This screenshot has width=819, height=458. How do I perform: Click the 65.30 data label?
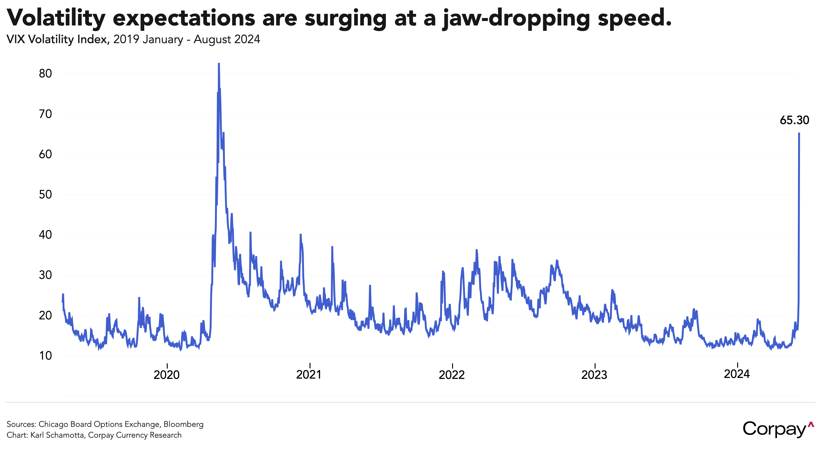[794, 120]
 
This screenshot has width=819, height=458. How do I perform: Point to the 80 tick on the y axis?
[45, 73]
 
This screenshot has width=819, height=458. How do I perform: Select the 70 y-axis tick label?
[45, 114]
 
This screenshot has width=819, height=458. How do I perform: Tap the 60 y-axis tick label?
[45, 154]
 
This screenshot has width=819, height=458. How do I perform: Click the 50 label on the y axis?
[45, 194]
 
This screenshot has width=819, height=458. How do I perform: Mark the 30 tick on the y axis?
[45, 275]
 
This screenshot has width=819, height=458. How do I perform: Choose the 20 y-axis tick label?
[45, 316]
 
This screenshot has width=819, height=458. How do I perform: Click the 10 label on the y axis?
[45, 356]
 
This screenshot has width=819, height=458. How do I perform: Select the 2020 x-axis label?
[167, 375]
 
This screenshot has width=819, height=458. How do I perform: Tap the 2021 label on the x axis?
[309, 375]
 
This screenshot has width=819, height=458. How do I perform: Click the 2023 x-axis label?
[594, 375]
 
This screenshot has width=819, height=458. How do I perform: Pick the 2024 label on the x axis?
[737, 374]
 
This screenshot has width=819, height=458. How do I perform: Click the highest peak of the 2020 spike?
[219, 64]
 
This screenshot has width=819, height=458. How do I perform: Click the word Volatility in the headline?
[56, 18]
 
